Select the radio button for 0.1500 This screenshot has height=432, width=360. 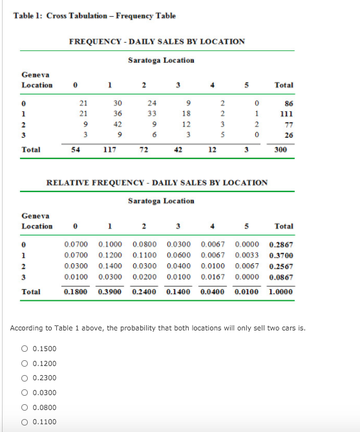(x=24, y=349)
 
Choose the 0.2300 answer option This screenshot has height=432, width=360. (x=24, y=378)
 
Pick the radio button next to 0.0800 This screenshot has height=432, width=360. (x=24, y=407)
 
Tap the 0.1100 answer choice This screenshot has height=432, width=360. (x=24, y=422)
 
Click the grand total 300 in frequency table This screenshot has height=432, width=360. (x=281, y=149)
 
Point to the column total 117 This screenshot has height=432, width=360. (x=117, y=149)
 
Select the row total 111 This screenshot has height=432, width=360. (x=282, y=113)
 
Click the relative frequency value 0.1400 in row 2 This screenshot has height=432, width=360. (x=110, y=266)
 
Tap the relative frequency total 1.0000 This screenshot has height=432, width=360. (x=281, y=292)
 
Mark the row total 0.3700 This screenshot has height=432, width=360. (x=281, y=255)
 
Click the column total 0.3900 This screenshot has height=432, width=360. (x=110, y=292)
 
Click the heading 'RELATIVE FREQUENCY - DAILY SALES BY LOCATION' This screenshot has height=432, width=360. (x=157, y=182)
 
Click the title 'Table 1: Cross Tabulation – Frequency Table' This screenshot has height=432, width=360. (x=94, y=16)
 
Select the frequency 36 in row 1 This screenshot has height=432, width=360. (x=118, y=113)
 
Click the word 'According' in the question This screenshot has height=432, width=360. (x=27, y=328)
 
